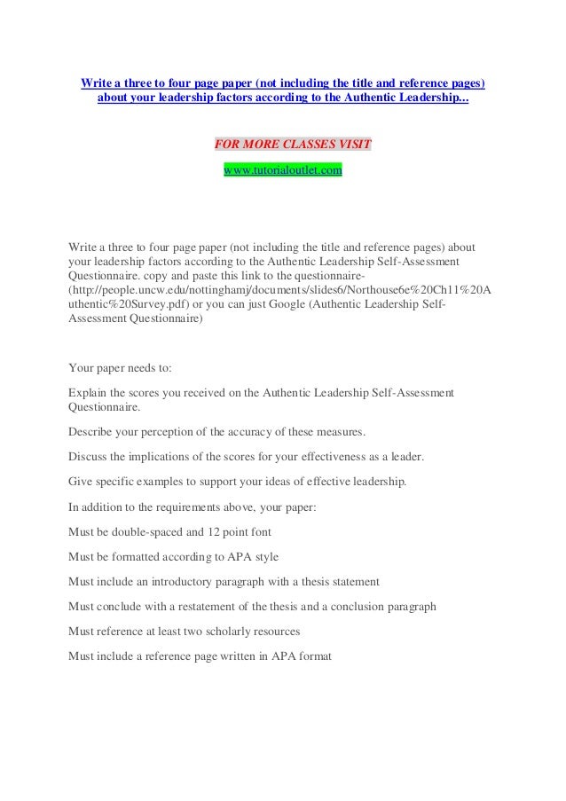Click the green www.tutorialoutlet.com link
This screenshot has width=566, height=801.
click(282, 169)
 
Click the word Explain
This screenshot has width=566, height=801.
click(88, 391)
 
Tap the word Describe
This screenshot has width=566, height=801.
click(91, 432)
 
